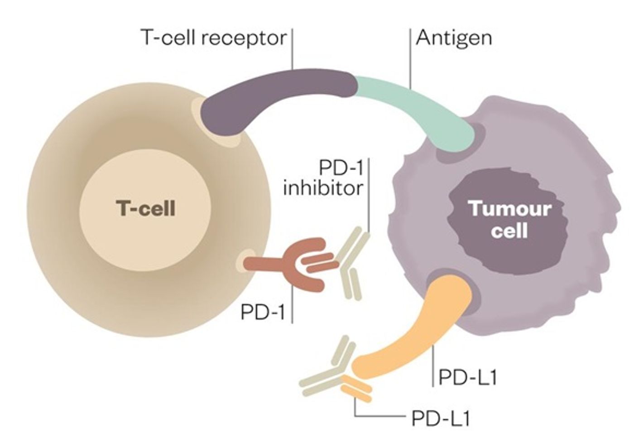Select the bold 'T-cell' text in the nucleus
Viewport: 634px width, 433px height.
click(x=145, y=208)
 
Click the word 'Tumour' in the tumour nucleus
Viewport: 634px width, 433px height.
click(x=510, y=209)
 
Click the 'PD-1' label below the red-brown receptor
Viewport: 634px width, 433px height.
click(x=262, y=313)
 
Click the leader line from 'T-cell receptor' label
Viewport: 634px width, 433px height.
click(x=293, y=49)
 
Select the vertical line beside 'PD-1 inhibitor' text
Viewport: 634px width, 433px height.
click(x=369, y=196)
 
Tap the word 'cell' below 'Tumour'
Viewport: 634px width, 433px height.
click(x=509, y=231)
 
